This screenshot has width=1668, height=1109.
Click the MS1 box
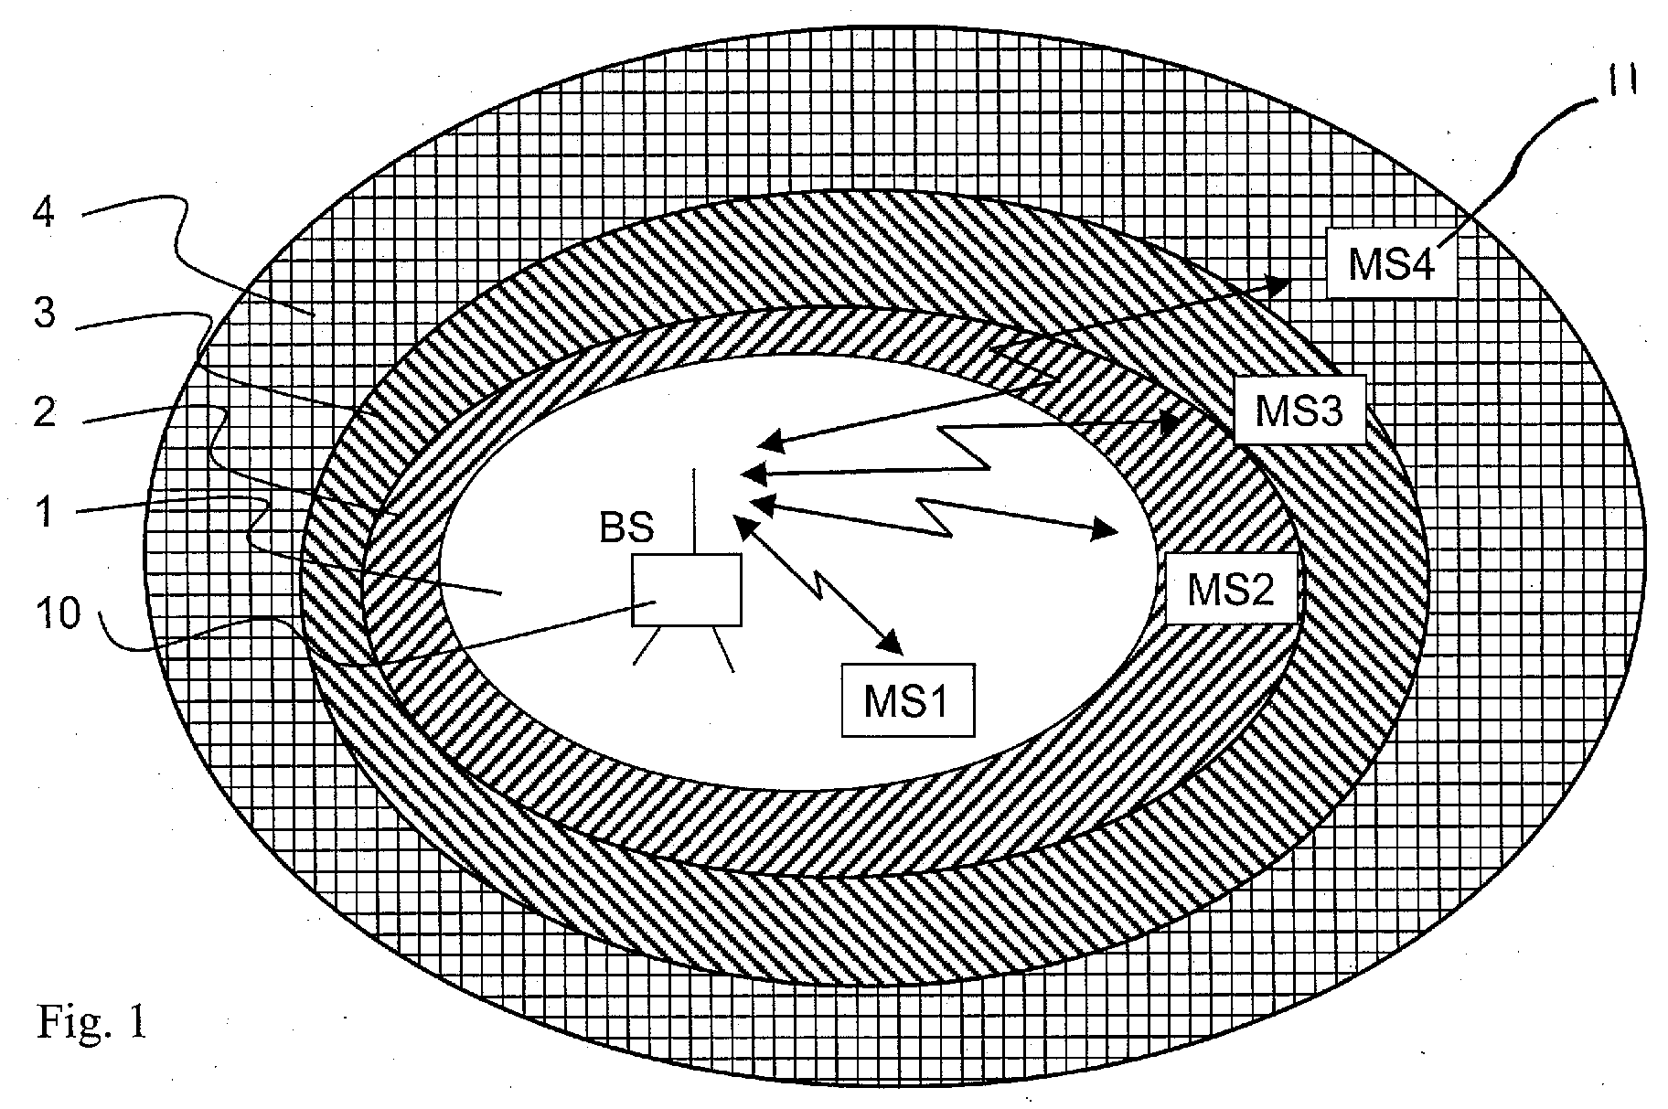pos(908,699)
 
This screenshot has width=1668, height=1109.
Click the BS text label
pos(626,528)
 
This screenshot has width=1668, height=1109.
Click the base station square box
pos(687,590)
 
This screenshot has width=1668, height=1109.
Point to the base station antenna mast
pos(695,511)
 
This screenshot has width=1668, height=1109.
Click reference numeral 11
pos(1619,83)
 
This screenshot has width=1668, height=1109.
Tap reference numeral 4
pos(43,214)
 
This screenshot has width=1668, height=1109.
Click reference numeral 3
pos(43,313)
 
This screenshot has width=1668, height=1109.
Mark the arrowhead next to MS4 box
pos(1274,286)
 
